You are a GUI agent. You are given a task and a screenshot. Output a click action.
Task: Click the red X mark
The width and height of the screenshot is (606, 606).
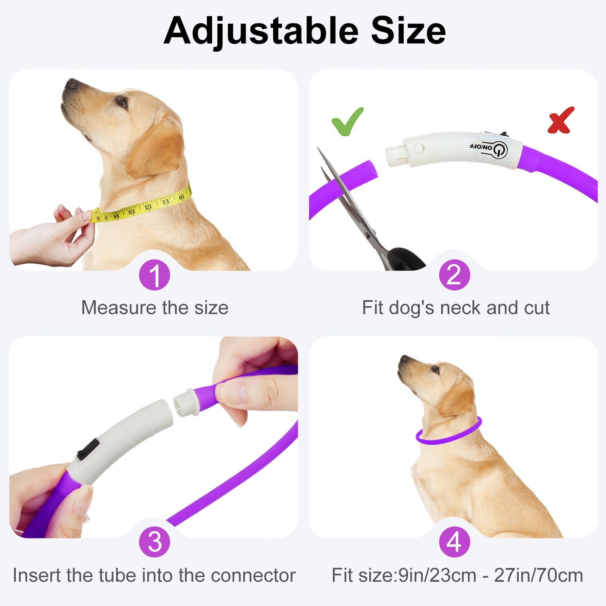point(561,120)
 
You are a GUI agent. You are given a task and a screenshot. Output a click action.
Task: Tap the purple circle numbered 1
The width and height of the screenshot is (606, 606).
point(155,275)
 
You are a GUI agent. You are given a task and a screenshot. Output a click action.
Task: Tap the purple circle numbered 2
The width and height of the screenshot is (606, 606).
point(454,275)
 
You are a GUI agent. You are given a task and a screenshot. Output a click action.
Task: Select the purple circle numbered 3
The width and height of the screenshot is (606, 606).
point(155,542)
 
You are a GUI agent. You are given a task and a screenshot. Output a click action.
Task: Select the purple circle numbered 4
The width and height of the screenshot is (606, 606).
point(454,542)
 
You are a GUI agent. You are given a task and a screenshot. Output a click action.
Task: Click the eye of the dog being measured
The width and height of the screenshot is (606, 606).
point(122,101)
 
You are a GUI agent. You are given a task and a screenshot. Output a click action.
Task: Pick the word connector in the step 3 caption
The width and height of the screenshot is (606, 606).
point(253,576)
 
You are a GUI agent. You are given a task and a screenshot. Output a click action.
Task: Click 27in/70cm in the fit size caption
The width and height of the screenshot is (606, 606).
point(538,576)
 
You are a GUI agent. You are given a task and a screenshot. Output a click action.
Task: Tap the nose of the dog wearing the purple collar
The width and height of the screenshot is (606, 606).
point(404,359)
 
